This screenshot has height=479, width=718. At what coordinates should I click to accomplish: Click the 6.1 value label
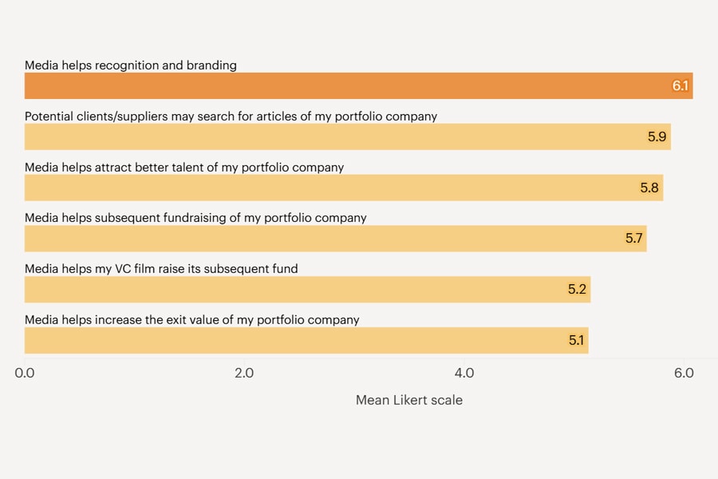click(680, 86)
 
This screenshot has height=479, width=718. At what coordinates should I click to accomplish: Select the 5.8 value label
click(649, 188)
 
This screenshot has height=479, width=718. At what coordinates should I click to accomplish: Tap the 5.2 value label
click(577, 290)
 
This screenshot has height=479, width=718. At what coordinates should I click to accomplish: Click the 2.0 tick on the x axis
click(243, 373)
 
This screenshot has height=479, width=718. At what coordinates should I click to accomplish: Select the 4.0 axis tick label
click(464, 373)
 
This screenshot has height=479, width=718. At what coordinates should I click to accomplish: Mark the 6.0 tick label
click(684, 373)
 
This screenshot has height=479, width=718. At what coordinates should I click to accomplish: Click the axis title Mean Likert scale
click(408, 400)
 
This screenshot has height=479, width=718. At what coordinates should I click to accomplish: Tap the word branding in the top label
click(211, 65)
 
